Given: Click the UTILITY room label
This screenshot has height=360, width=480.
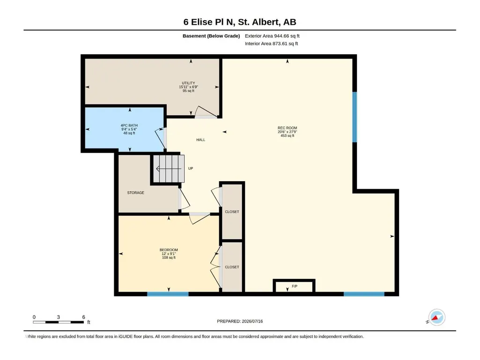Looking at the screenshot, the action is coord(188,83).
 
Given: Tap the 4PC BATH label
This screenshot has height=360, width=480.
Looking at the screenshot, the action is coord(129,125).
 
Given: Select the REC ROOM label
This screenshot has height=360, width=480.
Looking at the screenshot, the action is coord(287,128).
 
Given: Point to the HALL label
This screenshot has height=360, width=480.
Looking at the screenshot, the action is coord(201,140).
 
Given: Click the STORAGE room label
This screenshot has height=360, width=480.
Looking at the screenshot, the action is coord(136,192).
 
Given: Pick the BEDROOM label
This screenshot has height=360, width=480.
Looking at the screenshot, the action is coord(169,250).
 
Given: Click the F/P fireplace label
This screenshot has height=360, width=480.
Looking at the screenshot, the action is coord(295,286).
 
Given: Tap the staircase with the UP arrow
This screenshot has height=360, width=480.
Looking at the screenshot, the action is coord(169,169).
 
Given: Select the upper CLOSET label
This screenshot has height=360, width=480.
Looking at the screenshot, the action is coord(232,212).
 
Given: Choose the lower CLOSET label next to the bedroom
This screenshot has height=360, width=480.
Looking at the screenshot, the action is coord(232,267).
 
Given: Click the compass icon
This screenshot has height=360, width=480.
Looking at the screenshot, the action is coord(436,317).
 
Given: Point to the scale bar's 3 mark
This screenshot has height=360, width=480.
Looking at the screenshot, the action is coord(58,317).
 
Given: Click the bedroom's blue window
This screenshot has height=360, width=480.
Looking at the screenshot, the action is coord(168,294).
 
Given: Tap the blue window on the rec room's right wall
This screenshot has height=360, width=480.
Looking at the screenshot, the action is coord(354,117).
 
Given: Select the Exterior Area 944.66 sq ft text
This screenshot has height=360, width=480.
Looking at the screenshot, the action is coord(272,36).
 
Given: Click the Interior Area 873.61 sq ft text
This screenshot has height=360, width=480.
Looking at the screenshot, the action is coord(271,44).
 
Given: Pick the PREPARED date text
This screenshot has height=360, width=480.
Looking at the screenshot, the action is coord(240,321).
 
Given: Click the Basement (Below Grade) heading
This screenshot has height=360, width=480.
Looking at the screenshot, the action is coord(211,36).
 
